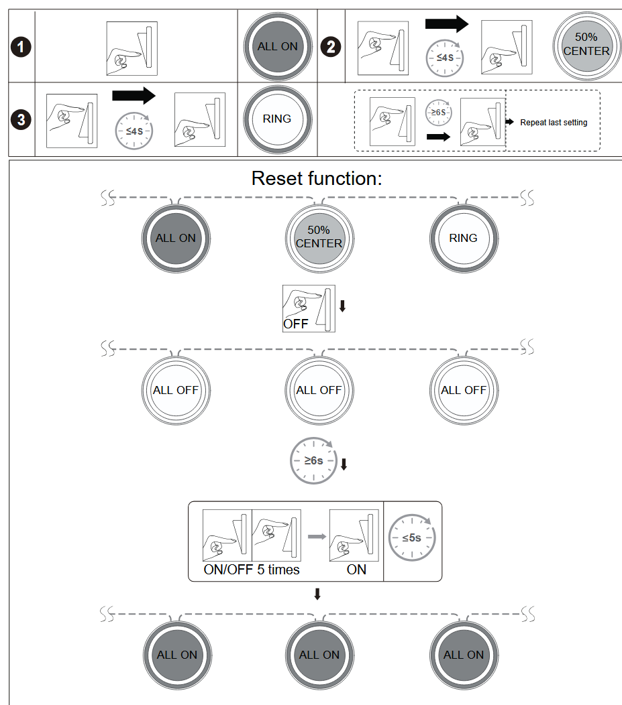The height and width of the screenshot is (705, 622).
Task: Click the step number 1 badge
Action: [x=23, y=48]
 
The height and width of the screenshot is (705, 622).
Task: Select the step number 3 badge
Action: [x=23, y=121]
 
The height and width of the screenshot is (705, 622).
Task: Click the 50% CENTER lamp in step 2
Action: [x=586, y=45]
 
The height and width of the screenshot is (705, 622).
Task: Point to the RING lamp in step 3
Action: [x=277, y=119]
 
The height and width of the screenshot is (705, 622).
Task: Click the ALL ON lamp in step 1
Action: [x=277, y=47]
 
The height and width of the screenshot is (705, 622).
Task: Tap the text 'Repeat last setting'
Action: [x=554, y=123]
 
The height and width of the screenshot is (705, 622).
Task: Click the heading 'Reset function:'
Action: [x=317, y=178]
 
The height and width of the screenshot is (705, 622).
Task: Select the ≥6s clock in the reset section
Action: [x=313, y=461]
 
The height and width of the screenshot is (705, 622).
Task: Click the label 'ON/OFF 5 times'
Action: [x=252, y=570]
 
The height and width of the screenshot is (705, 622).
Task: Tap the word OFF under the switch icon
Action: [x=295, y=323]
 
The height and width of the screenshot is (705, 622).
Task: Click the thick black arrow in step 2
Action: [x=446, y=25]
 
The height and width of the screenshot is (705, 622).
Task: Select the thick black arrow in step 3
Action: [x=134, y=95]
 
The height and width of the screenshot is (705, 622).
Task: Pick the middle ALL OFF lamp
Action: [x=319, y=390]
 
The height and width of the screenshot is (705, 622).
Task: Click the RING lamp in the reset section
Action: [x=463, y=238]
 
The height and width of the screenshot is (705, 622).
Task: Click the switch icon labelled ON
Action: [x=354, y=535]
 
